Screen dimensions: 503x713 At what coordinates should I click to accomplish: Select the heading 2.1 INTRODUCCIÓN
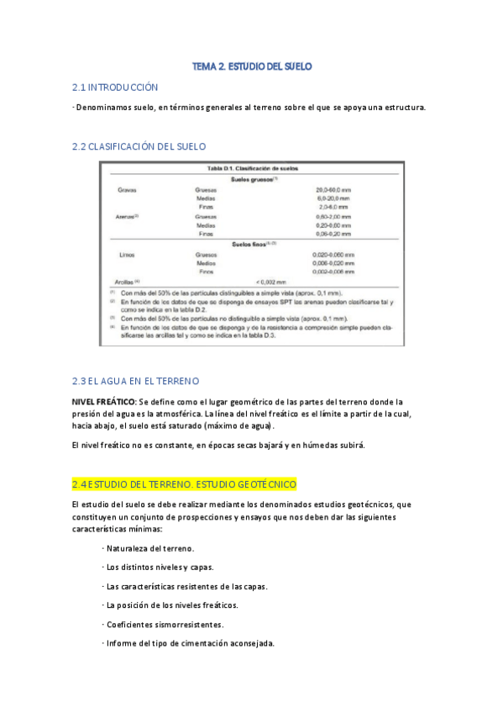(115, 87)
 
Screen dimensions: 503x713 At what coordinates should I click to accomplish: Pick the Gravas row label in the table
(127, 191)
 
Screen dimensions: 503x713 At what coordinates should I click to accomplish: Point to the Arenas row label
(126, 217)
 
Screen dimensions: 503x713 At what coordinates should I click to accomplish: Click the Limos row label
(125, 254)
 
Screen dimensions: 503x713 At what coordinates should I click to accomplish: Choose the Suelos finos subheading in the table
(253, 244)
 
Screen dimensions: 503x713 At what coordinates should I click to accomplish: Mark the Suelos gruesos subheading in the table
(254, 180)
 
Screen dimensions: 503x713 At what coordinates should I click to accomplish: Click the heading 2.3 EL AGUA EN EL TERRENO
(136, 381)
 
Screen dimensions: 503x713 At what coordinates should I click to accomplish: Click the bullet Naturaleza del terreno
(150, 548)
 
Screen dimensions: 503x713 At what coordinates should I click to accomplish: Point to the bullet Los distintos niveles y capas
(160, 567)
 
